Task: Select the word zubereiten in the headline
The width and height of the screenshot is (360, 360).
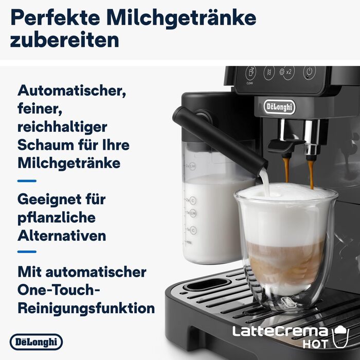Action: pos(64,40)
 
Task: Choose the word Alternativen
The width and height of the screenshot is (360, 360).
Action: pos(62,236)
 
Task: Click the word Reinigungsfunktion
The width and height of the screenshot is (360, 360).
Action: pos(86,308)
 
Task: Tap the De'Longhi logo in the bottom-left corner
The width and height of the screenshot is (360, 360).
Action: pos(36,342)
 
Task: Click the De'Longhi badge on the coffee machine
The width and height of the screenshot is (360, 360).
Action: pos(280,106)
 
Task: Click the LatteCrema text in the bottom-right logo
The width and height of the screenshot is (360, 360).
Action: pos(280,331)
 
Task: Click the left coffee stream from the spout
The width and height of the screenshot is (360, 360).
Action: pos(286,170)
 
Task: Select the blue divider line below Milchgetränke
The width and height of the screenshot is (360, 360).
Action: pos(27,181)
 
